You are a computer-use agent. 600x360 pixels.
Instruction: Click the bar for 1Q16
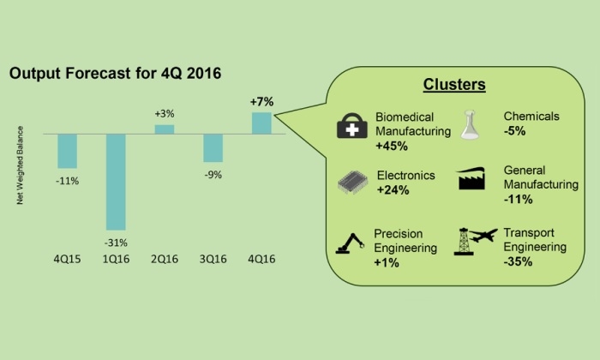(116, 182)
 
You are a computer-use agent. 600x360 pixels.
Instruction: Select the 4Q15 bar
(68, 151)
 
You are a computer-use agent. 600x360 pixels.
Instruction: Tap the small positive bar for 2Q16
(165, 129)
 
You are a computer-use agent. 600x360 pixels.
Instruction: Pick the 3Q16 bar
(213, 148)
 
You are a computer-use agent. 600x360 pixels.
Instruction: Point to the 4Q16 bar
(261, 123)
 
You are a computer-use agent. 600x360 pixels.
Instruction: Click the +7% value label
(261, 102)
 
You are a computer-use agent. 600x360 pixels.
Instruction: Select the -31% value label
(116, 243)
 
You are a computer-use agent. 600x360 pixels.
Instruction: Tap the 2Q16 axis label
(165, 259)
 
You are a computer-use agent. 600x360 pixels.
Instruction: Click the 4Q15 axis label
(68, 259)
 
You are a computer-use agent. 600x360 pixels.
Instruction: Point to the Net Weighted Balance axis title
(20, 165)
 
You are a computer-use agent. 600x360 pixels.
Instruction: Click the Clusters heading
(454, 85)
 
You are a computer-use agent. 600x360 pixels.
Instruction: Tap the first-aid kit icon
(352, 125)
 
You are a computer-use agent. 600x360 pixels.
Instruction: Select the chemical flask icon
(470, 124)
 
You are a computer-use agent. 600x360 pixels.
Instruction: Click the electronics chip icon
(353, 182)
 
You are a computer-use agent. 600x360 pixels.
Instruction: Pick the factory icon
(471, 178)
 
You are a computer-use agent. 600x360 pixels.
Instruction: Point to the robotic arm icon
(350, 243)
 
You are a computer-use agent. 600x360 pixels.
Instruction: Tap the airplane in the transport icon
(483, 235)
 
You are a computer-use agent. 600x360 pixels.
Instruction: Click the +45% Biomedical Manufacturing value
(392, 146)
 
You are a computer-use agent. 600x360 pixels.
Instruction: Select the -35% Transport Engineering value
(518, 261)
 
